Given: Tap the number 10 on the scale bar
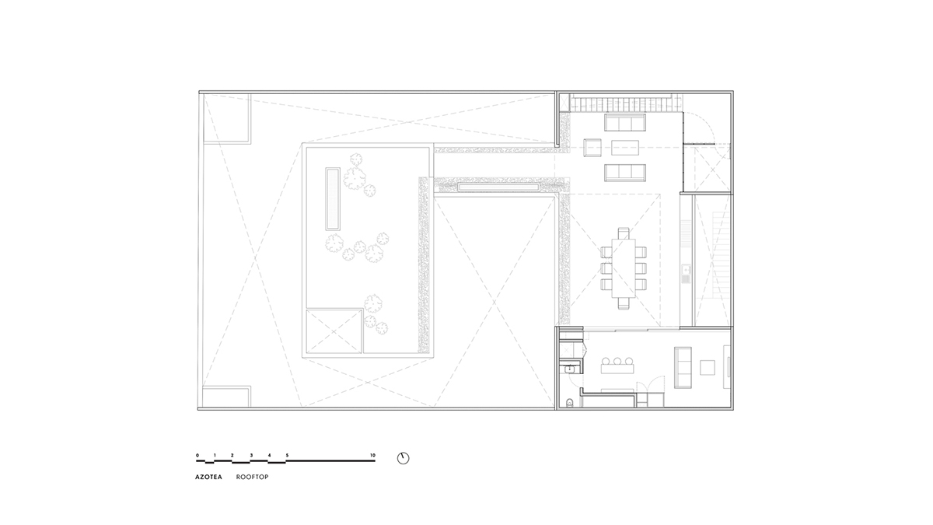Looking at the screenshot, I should [x=372, y=454].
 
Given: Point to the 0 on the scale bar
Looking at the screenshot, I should [x=197, y=454].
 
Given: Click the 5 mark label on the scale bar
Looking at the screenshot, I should [x=287, y=454].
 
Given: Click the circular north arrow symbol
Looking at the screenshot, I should [x=403, y=457].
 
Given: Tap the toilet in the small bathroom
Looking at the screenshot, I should [x=571, y=402].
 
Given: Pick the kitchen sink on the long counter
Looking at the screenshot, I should [x=685, y=273].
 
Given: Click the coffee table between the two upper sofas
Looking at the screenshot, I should [x=624, y=146].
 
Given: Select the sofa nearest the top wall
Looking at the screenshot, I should [x=625, y=123].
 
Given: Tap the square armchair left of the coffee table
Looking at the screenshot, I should [x=591, y=146].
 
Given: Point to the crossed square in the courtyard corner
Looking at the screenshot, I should [x=335, y=331].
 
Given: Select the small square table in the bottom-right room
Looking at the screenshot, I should [x=708, y=367].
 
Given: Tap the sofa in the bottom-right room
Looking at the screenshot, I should [x=683, y=366].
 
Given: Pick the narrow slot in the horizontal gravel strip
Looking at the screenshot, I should [x=498, y=187].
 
